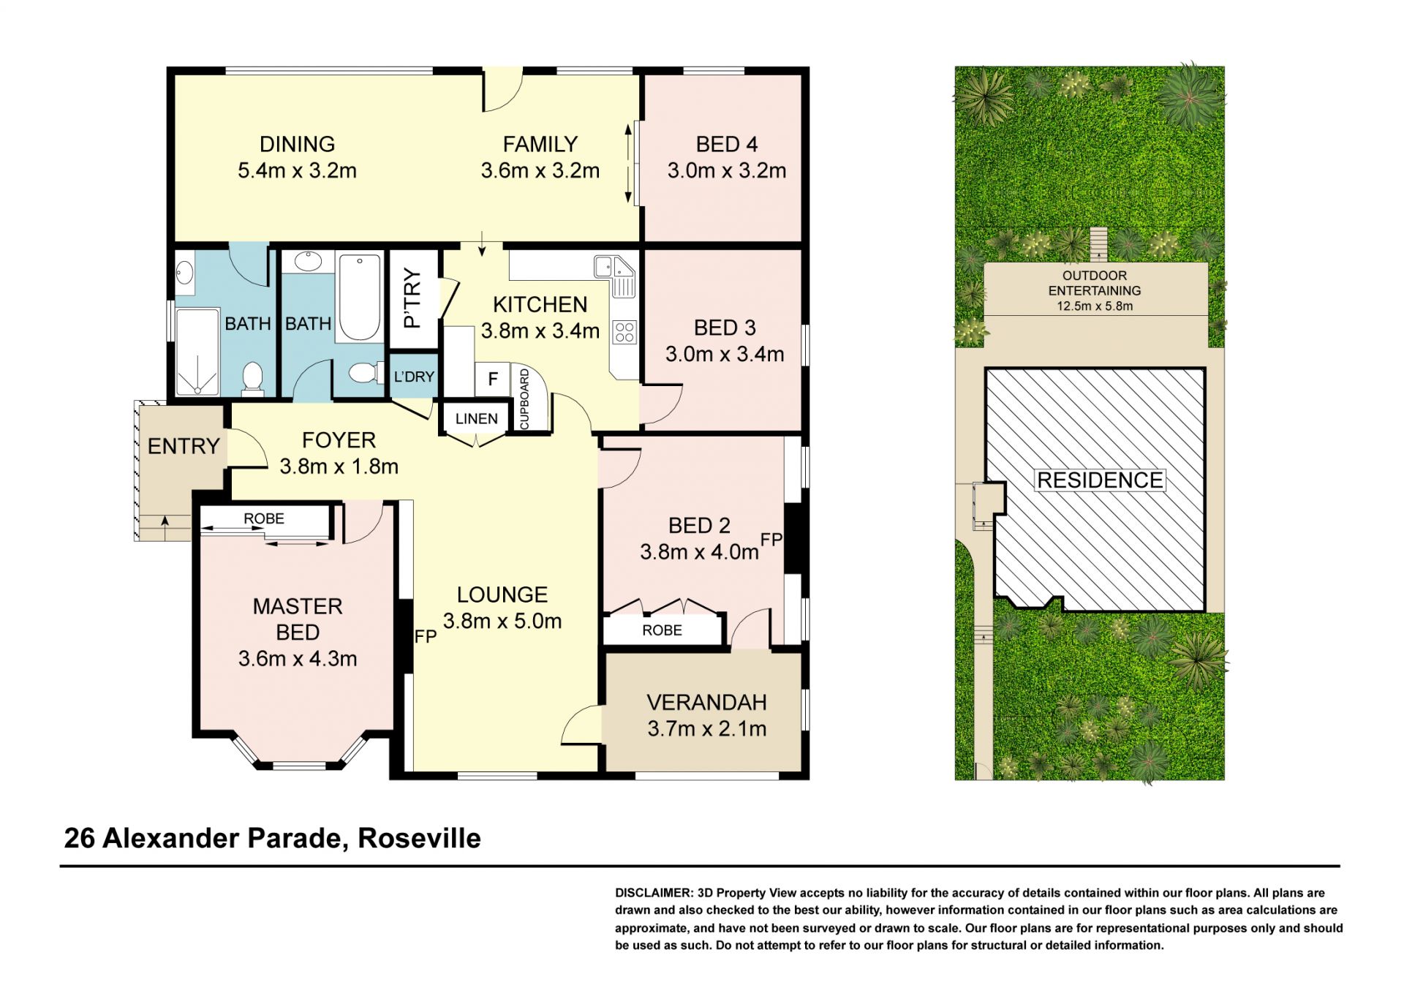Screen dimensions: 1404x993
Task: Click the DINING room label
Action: click(x=297, y=144)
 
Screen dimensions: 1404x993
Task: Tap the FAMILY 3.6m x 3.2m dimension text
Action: click(x=540, y=170)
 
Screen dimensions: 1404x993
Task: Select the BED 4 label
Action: click(x=726, y=144)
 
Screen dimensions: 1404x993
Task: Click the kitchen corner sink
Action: click(x=615, y=274)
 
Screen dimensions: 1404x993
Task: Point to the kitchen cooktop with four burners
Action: click(x=624, y=333)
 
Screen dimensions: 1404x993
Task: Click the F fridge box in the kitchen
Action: click(x=493, y=379)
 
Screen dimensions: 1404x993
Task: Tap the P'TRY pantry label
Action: click(x=413, y=298)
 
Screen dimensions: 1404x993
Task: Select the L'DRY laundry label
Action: click(x=414, y=377)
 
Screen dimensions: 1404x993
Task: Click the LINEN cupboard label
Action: click(x=476, y=418)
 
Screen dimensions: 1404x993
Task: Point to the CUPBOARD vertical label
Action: click(x=524, y=399)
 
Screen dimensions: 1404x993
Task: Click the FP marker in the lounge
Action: click(x=426, y=636)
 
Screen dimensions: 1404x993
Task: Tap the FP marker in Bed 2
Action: click(x=771, y=540)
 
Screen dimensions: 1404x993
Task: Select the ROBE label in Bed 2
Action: click(x=662, y=630)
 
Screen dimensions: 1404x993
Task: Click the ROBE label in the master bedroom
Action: click(x=264, y=518)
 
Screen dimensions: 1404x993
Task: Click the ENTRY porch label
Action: click(x=184, y=446)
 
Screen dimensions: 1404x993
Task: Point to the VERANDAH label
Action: click(x=706, y=702)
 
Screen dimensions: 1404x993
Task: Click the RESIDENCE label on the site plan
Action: click(x=1100, y=480)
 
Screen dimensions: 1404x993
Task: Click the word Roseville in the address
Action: click(x=419, y=838)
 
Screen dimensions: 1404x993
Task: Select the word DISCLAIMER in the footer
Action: click(x=654, y=893)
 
